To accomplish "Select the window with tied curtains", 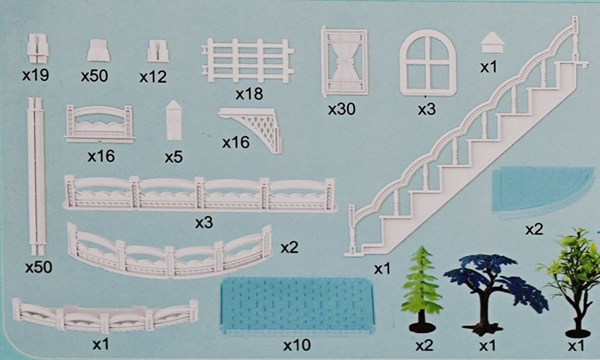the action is coord(344,62).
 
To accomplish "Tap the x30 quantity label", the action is coord(342,109).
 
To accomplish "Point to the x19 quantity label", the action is coord(35,75).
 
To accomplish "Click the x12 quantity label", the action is coord(153,77).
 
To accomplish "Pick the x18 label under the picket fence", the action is coord(249,94).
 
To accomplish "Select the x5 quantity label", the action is coord(174,157).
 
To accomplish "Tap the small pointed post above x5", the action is coord(174,120).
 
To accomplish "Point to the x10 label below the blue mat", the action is coord(297,346).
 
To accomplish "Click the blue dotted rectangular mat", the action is coord(298,305).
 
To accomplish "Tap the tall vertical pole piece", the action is coord(37,176).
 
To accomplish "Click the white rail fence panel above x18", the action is coord(248,61).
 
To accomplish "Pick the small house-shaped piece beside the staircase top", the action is coord(493,43).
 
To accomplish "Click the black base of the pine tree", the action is coord(422,327).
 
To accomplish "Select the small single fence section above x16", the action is coord(100,124).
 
